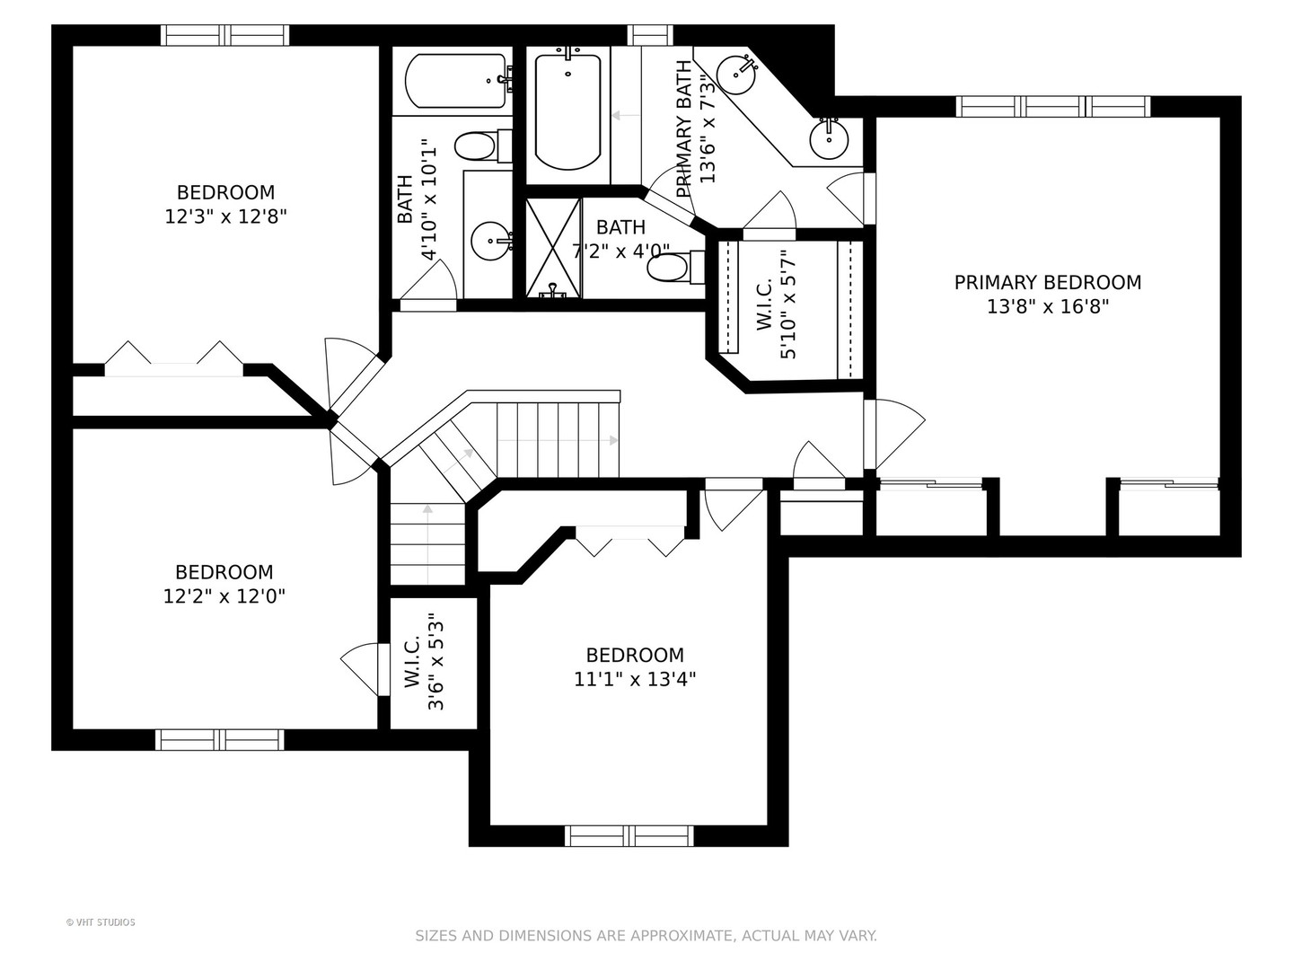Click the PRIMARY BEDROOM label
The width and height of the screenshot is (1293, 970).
[1047, 283]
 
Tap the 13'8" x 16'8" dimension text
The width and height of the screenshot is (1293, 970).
[1047, 307]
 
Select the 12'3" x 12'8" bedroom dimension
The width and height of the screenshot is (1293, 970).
[225, 216]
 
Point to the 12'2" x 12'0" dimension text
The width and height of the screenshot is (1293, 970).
[224, 596]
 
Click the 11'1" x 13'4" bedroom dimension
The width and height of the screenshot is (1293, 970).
[635, 680]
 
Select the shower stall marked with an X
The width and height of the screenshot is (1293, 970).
[552, 248]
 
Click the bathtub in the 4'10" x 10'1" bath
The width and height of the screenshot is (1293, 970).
[456, 81]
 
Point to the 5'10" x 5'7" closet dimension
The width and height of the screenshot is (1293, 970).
[777, 304]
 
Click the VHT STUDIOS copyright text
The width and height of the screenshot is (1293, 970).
[101, 922]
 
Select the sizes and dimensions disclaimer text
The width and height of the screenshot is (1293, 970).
[646, 936]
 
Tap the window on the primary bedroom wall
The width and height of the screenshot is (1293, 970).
[1052, 107]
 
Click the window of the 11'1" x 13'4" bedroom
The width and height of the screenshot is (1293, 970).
[629, 835]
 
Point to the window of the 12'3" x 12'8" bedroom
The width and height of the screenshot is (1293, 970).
[225, 35]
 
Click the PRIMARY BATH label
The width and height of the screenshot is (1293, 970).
[683, 128]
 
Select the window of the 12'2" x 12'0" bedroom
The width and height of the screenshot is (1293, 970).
[220, 740]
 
